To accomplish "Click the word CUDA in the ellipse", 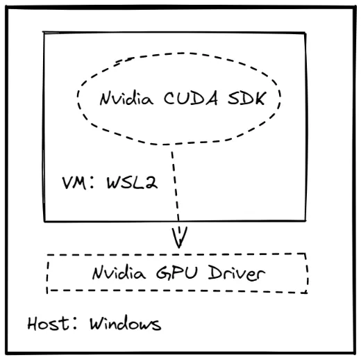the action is (x=191, y=98).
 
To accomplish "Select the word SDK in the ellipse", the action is (x=247, y=98).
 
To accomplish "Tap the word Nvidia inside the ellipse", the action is (x=126, y=98).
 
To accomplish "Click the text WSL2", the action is (x=132, y=183).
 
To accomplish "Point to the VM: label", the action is (x=78, y=183).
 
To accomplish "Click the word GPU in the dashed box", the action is (x=177, y=272).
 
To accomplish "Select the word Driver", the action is (x=237, y=273).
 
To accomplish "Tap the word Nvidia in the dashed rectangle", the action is (x=119, y=272).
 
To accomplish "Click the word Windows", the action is (x=126, y=323).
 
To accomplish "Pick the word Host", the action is (x=48, y=323).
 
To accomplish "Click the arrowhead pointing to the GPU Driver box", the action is (x=179, y=238).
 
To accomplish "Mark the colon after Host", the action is (x=75, y=324).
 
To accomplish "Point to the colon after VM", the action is (x=92, y=183).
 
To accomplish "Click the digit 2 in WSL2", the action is (x=151, y=183).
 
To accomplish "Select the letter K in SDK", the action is (x=260, y=99).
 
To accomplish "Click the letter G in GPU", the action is (x=163, y=272).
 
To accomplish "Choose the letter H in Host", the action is (x=33, y=323).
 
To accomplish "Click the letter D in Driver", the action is (x=215, y=272).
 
